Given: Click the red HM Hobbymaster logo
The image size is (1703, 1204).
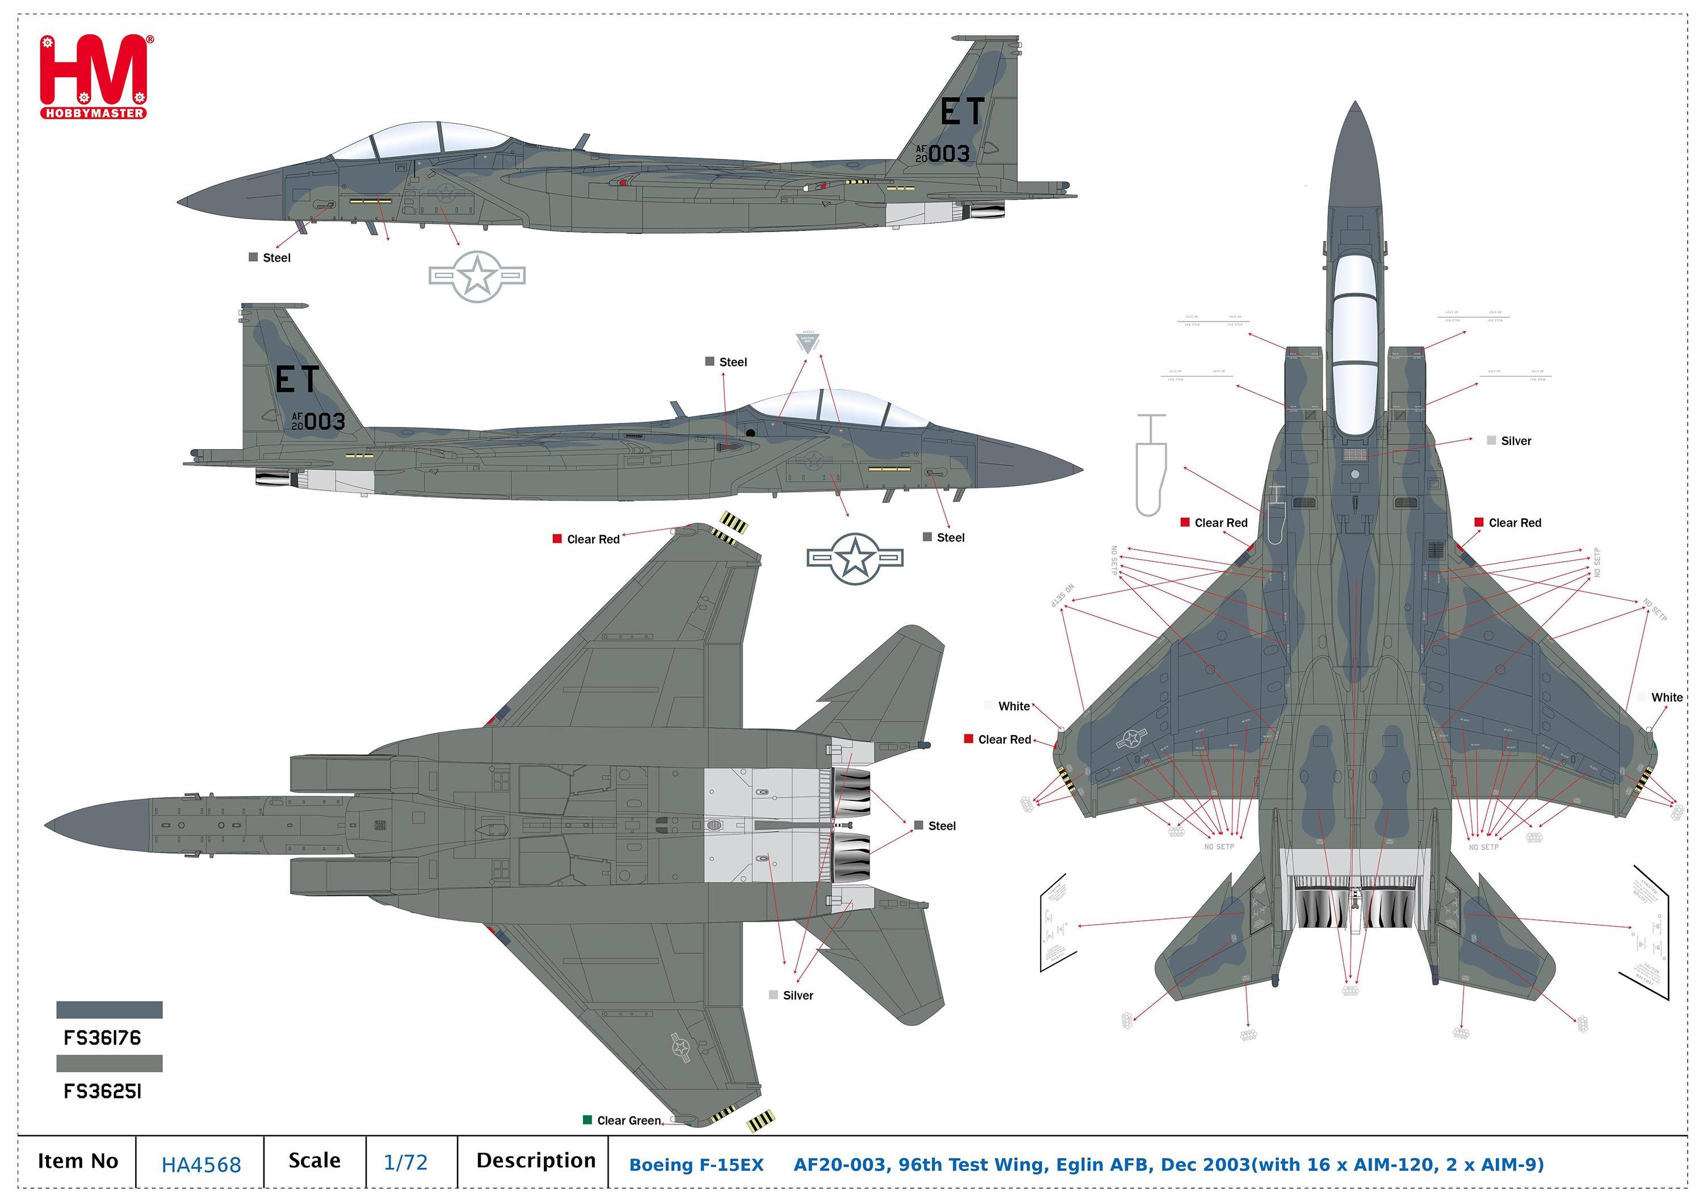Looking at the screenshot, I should click(95, 77).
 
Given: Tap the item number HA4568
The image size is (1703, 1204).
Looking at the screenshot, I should click(201, 1164).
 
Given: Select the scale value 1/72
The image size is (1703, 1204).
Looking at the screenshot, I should click(405, 1162).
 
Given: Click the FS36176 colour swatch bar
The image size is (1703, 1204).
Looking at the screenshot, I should click(109, 1010).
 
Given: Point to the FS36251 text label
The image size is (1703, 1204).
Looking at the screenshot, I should click(102, 1091).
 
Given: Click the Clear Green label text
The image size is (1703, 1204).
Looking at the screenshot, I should click(629, 1120).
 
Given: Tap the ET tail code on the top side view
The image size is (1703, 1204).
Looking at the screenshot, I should click(962, 112).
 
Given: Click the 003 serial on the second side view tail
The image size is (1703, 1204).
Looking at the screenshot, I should click(325, 421).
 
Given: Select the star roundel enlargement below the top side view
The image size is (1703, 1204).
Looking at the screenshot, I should click(477, 276).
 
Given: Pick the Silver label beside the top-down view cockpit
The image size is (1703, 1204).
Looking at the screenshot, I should click(1515, 441).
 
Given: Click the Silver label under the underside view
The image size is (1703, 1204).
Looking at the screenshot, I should click(798, 996).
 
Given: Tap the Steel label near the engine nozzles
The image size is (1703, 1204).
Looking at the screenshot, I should click(941, 826).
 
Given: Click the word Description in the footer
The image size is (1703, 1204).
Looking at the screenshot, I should click(535, 1161).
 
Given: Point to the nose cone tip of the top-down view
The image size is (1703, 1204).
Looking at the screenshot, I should click(1355, 106).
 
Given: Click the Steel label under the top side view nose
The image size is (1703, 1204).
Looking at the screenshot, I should click(276, 257).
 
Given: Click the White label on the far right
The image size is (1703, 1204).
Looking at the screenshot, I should click(1666, 697).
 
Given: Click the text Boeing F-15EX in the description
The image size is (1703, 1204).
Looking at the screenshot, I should click(696, 1165).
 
